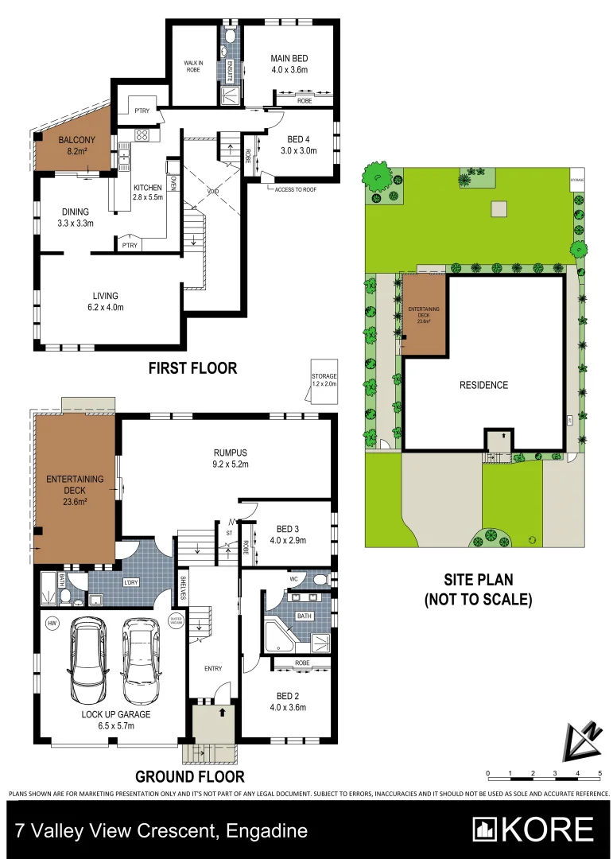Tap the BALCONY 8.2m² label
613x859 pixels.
[x=76, y=143]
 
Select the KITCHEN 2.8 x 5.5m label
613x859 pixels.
[x=147, y=193]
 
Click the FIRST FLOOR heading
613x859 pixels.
[x=193, y=368]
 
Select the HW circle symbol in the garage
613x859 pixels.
[x=52, y=622]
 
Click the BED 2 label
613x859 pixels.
[x=288, y=702]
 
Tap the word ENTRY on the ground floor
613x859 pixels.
[x=212, y=669]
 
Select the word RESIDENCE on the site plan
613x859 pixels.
[x=483, y=385]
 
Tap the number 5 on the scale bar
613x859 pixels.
[x=599, y=773]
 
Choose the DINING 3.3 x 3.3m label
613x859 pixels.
[x=76, y=217]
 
